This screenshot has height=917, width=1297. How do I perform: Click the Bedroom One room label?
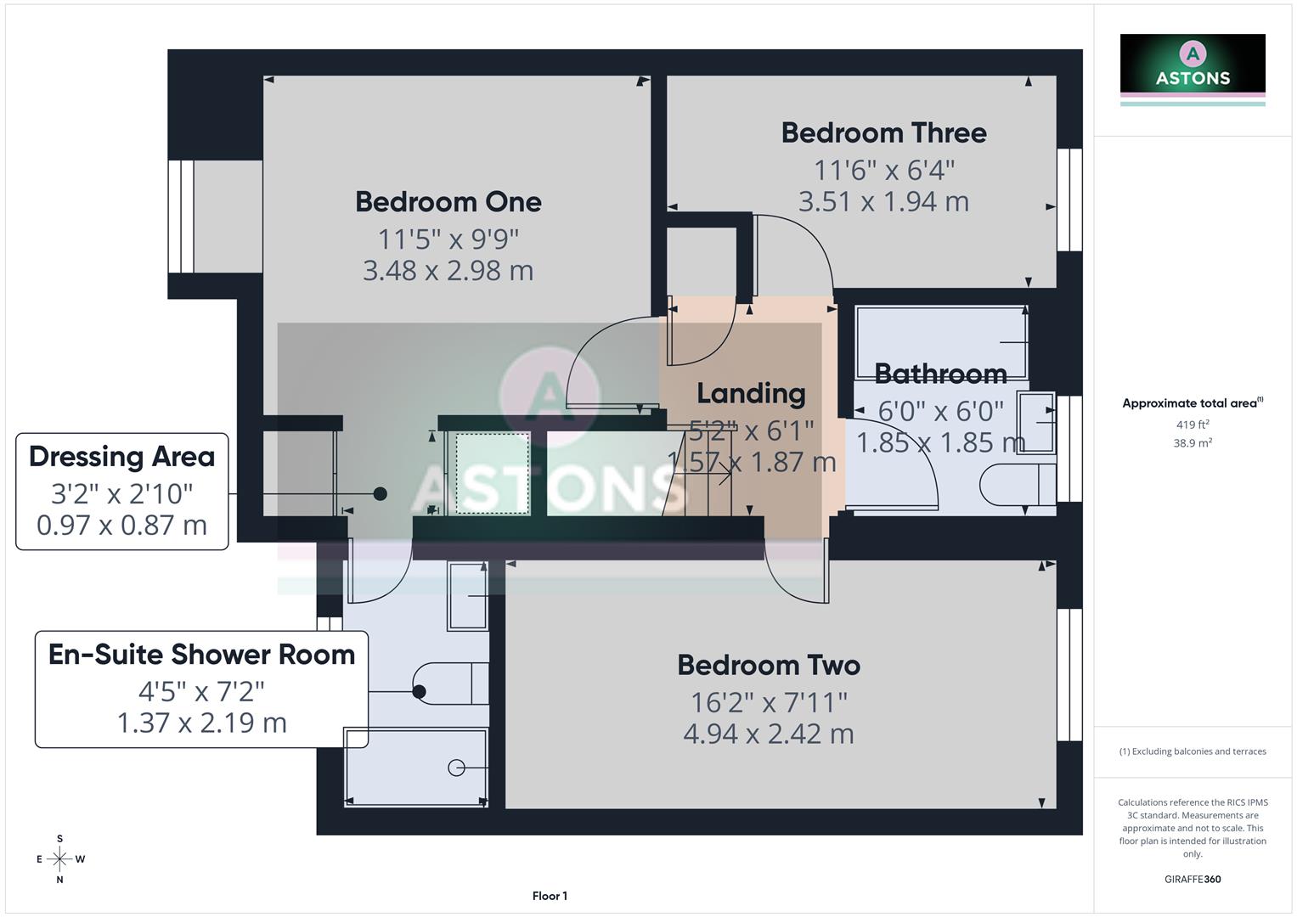448,202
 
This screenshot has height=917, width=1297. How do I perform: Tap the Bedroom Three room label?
883,133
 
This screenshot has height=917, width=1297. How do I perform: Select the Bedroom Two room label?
769,665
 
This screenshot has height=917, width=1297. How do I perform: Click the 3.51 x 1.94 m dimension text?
883,202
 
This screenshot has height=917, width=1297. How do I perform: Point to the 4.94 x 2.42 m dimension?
769,734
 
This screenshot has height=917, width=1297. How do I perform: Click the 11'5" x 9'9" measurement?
448,239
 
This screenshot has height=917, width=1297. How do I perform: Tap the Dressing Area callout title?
121,457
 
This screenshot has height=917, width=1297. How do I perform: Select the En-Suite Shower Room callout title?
201,655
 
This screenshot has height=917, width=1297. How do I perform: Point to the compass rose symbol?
59,859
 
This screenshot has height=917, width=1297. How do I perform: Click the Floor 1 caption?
550,896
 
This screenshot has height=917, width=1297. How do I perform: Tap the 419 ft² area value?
1193,425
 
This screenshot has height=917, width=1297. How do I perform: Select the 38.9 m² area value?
1193,443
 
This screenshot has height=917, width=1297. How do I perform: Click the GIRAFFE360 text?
1193,880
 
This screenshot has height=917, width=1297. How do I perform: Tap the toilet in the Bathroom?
1016,486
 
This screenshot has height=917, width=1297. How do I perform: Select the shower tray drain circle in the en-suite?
456,768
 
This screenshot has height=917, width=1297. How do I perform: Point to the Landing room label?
751,394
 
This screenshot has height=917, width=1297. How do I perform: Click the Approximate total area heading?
1192,403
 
